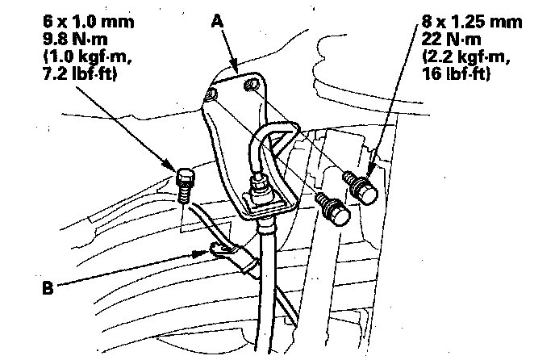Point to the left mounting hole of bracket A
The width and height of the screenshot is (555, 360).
[x=212, y=96]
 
